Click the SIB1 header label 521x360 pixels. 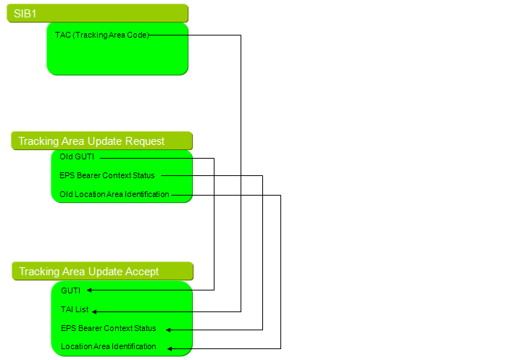click(x=25, y=14)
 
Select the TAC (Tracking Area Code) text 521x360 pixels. click(x=102, y=35)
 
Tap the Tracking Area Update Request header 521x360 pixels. click(x=91, y=141)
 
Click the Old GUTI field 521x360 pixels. click(x=77, y=156)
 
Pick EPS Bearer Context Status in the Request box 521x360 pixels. click(x=107, y=175)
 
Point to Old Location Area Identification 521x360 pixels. click(x=114, y=194)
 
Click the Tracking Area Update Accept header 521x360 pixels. click(x=88, y=272)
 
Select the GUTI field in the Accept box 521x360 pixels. click(x=71, y=290)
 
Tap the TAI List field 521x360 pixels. click(x=75, y=309)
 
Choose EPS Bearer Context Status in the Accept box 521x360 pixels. click(x=108, y=328)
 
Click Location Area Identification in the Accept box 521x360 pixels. click(x=108, y=346)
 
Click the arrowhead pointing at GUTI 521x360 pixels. click(x=89, y=290)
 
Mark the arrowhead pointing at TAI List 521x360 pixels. click(x=94, y=312)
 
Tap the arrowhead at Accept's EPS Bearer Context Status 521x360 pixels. click(x=168, y=330)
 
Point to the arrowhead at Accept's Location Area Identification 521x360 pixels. click(x=170, y=348)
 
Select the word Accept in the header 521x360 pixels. click(x=142, y=272)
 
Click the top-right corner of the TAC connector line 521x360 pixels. click(x=241, y=35)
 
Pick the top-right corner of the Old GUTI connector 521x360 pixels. click(x=214, y=159)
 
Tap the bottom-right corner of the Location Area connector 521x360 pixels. click(x=280, y=348)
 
